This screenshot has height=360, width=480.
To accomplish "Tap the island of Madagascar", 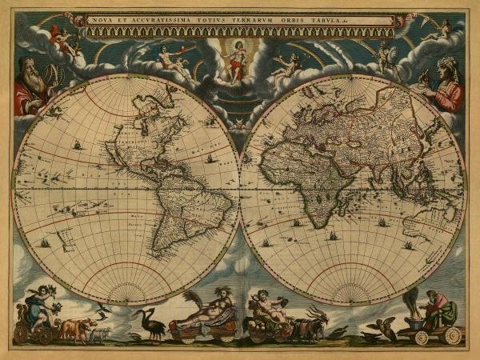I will point(352,212).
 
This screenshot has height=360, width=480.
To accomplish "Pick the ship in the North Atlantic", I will point(210,158).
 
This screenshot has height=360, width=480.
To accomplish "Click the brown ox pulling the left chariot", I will point(75,329).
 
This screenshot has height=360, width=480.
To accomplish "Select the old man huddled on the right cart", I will point(437,308).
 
